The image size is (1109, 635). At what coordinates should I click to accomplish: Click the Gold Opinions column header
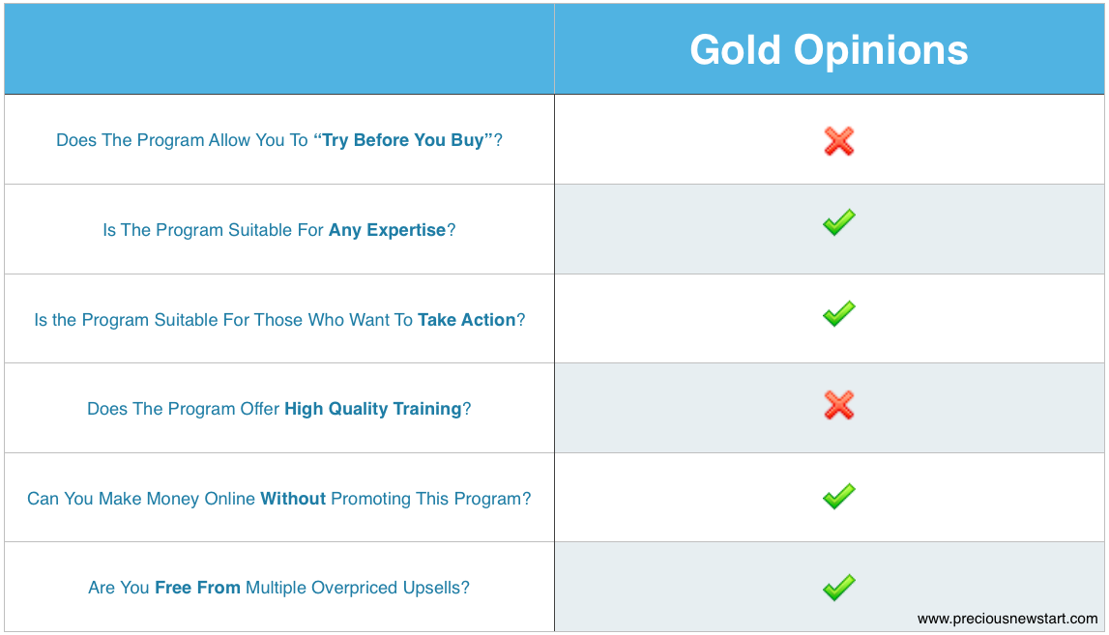(x=829, y=50)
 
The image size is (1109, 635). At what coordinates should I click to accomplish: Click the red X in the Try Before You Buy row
(x=839, y=141)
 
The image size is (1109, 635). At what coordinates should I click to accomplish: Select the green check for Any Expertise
(x=839, y=222)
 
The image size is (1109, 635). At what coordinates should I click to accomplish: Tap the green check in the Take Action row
(x=839, y=313)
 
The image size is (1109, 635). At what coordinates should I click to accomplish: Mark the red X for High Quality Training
(x=839, y=405)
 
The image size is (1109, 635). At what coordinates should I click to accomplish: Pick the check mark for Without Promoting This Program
(x=839, y=496)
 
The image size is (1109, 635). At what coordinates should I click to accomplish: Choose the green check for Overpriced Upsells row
(x=839, y=587)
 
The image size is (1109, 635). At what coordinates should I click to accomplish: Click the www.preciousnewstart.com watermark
(x=1007, y=619)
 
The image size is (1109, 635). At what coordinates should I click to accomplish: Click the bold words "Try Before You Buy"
(x=402, y=140)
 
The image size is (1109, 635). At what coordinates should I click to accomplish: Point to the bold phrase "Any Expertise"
(x=387, y=230)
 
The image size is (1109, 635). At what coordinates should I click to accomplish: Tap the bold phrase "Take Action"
(x=466, y=320)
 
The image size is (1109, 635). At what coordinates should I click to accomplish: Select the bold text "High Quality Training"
(x=373, y=409)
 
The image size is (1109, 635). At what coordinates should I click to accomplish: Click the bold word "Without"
(x=293, y=499)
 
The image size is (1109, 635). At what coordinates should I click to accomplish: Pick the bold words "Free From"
(x=197, y=588)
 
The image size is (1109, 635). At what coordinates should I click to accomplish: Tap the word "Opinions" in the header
(x=881, y=51)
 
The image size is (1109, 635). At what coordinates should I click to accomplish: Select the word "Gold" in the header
(x=735, y=50)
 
